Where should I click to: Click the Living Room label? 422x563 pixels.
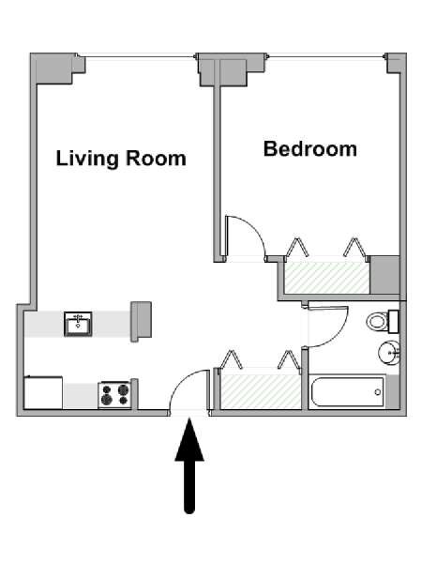[121, 159]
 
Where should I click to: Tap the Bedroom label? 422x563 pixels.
[310, 148]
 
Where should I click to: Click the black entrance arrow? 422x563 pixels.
[189, 465]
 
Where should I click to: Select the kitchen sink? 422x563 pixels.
[78, 325]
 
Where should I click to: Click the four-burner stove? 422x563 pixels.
[114, 395]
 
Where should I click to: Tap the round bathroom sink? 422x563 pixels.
[389, 353]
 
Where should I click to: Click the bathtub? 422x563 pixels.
[347, 392]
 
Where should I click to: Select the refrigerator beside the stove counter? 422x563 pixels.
[43, 392]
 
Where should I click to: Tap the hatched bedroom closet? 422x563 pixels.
[327, 278]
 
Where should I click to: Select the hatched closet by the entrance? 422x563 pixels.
[261, 391]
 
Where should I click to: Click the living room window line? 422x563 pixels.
[137, 56]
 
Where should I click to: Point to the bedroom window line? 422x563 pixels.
[326, 56]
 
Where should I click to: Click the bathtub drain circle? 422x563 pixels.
[378, 392]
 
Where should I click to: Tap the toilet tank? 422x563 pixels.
[394, 321]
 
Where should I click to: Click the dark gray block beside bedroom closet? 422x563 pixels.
[384, 275]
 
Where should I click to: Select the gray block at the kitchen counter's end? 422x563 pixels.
[141, 321]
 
